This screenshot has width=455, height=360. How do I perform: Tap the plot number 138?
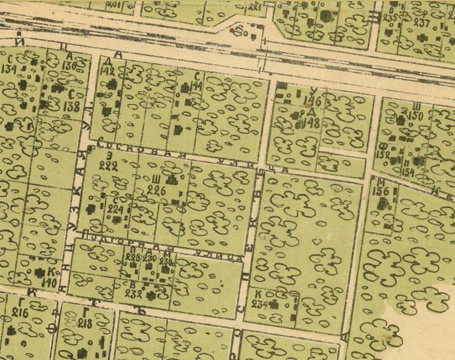pos(72,107)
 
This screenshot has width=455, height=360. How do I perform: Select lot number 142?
pos(107,71)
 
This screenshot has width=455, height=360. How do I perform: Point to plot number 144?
pos(196,86)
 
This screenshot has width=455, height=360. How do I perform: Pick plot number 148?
pos(312,123)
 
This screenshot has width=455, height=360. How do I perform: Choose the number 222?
pos(108,166)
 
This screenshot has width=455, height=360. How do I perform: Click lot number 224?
pos(115,209)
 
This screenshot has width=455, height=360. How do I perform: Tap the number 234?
pos(258,303)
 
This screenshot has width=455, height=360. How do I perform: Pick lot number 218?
pos(85,323)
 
